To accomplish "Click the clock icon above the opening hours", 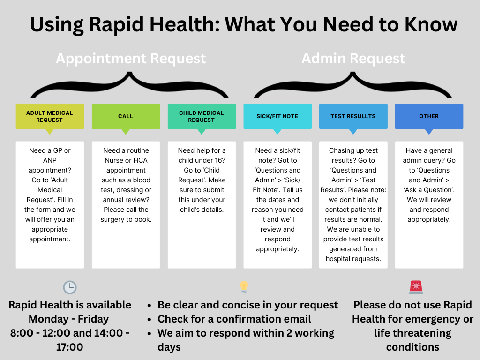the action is (x=70, y=287).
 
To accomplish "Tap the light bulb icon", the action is (x=244, y=287).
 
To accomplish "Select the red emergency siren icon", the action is (x=416, y=287).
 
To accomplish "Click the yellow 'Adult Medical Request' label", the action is (x=50, y=116).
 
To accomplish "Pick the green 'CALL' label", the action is (x=126, y=116).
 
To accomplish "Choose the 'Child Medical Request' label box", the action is (x=202, y=116).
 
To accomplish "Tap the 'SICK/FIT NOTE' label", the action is (x=277, y=116).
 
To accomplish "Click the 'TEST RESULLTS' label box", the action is (x=353, y=116).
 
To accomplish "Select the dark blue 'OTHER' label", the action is (x=429, y=116).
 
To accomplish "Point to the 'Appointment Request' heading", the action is (x=131, y=59).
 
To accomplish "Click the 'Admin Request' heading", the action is (x=353, y=59).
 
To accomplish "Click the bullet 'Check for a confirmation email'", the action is (x=234, y=319).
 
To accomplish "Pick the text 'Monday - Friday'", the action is (x=68, y=319).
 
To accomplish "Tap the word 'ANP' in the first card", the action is (x=50, y=160).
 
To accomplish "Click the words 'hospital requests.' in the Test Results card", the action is (x=353, y=259).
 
